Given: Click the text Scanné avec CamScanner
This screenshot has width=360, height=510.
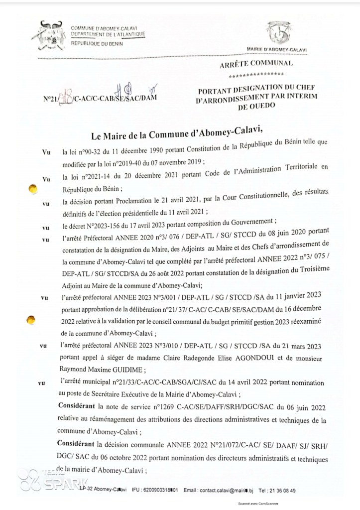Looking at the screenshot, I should click(x=261, y=504).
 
